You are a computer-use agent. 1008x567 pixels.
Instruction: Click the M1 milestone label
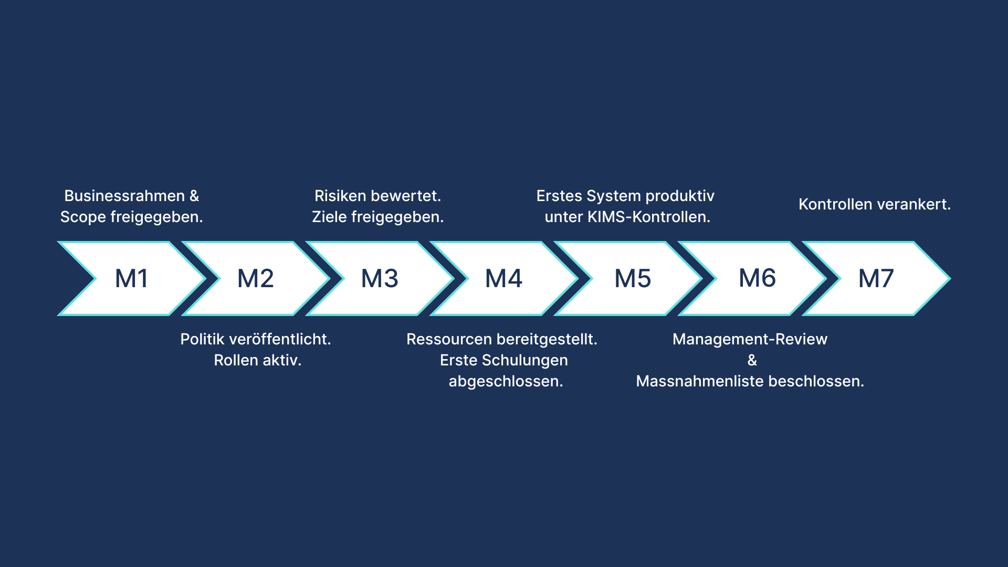[x=131, y=278]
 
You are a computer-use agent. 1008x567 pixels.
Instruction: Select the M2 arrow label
[x=256, y=278]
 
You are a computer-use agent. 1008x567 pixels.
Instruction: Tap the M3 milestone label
[x=380, y=278]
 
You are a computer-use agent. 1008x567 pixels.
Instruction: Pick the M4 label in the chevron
[x=503, y=278]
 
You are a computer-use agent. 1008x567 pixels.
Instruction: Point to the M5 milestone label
[x=633, y=278]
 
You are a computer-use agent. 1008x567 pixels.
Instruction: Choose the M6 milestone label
[x=757, y=278]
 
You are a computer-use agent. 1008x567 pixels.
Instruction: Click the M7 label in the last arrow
[x=876, y=278]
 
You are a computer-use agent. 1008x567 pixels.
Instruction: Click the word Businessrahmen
[x=124, y=196]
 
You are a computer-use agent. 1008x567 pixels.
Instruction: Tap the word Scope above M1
[x=83, y=217]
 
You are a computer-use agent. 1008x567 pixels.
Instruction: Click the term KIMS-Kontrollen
[x=648, y=217]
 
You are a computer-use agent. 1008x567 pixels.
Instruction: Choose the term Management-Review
[x=750, y=339]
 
